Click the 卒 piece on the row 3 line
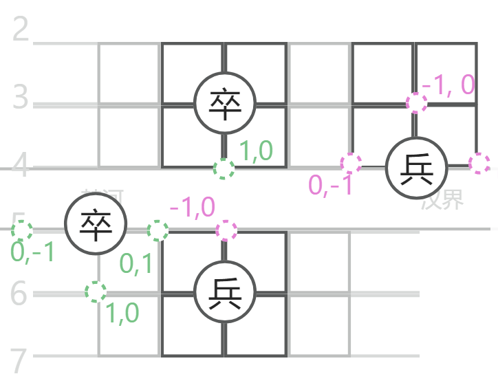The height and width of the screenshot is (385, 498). [224, 103]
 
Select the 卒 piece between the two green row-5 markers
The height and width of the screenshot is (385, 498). [96, 223]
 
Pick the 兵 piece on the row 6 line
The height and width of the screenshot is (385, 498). [224, 293]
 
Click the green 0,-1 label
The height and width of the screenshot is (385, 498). [32, 252]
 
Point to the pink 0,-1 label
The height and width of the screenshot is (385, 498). [330, 185]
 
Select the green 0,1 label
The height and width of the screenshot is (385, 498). [136, 264]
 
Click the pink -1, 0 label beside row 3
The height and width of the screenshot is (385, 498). [448, 85]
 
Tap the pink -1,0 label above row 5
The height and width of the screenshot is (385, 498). [192, 207]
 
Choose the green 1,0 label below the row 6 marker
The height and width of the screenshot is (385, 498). [122, 313]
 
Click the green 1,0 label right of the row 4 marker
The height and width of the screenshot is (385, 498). [256, 151]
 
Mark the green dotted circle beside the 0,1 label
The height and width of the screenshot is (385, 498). [158, 230]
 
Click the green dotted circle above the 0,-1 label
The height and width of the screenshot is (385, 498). [21, 230]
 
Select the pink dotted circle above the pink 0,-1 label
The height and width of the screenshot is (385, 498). [351, 163]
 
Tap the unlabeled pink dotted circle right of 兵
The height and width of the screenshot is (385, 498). [479, 164]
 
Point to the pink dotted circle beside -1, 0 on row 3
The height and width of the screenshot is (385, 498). [416, 102]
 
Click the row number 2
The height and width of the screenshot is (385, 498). [21, 31]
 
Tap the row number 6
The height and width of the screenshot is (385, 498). [21, 294]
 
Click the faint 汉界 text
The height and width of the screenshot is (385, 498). [444, 199]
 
